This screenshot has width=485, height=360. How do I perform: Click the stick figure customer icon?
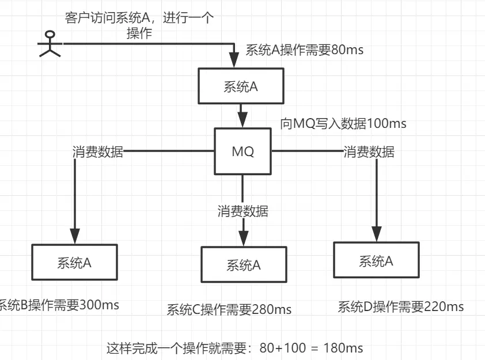[x=49, y=44]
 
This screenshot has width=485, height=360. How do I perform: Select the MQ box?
[x=242, y=152]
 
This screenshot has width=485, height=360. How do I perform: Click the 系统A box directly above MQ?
[x=241, y=86]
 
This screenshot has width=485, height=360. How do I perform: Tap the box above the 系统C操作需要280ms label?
[x=244, y=265]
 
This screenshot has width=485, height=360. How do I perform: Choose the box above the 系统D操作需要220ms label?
[x=376, y=262]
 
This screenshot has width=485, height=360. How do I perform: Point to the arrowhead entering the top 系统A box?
[x=234, y=60]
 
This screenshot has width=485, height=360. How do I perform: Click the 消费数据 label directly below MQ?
[x=242, y=211]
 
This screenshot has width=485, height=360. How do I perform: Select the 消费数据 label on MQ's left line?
[x=97, y=152]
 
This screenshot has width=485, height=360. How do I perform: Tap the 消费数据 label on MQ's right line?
[x=369, y=152]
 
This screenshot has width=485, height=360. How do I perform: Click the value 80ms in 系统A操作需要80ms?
[x=347, y=50]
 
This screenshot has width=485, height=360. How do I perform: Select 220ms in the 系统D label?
[x=444, y=306]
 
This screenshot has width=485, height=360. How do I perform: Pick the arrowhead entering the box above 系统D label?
[x=376, y=234]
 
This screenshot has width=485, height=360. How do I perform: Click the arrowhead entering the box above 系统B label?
[x=74, y=236]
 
